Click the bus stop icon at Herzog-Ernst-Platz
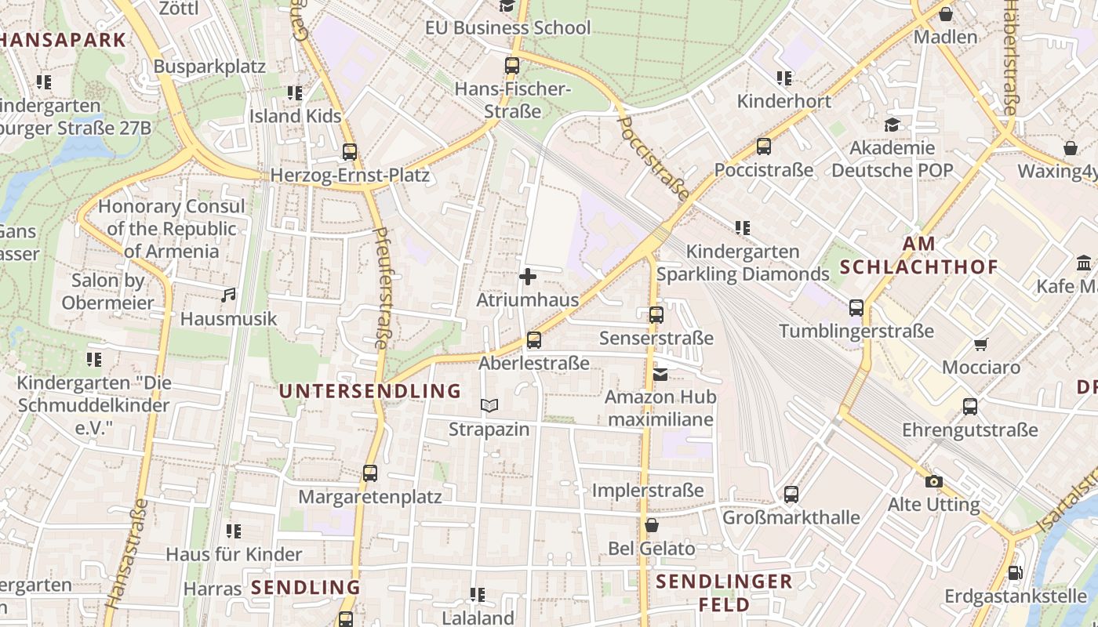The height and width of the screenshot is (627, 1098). pyautogui.click(x=350, y=152)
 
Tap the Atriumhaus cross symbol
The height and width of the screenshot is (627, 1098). pyautogui.click(x=528, y=277)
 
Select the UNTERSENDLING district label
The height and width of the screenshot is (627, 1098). pyautogui.click(x=370, y=390)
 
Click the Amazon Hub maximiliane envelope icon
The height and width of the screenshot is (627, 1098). pyautogui.click(x=660, y=375)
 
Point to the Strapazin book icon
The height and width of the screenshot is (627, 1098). pyautogui.click(x=489, y=406)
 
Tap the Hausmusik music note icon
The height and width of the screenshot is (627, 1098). pyautogui.click(x=228, y=295)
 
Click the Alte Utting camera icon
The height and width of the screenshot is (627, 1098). pyautogui.click(x=933, y=481)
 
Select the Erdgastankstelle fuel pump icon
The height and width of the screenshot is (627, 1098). pyautogui.click(x=1015, y=573)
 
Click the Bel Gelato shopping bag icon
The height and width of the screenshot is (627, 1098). pyautogui.click(x=651, y=525)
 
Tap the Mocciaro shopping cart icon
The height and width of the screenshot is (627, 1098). pyautogui.click(x=980, y=344)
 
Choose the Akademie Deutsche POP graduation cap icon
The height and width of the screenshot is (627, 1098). pyautogui.click(x=892, y=125)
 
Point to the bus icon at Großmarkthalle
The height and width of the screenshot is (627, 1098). pyautogui.click(x=791, y=495)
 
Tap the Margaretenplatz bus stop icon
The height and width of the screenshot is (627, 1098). pyautogui.click(x=370, y=473)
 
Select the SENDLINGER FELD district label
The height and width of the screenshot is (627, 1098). pyautogui.click(x=724, y=593)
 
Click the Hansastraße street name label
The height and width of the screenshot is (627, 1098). pyautogui.click(x=125, y=553)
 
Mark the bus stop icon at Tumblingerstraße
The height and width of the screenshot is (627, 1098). pyautogui.click(x=856, y=308)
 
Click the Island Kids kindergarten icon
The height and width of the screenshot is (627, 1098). pyautogui.click(x=295, y=93)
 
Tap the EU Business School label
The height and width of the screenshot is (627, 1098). pyautogui.click(x=507, y=27)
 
